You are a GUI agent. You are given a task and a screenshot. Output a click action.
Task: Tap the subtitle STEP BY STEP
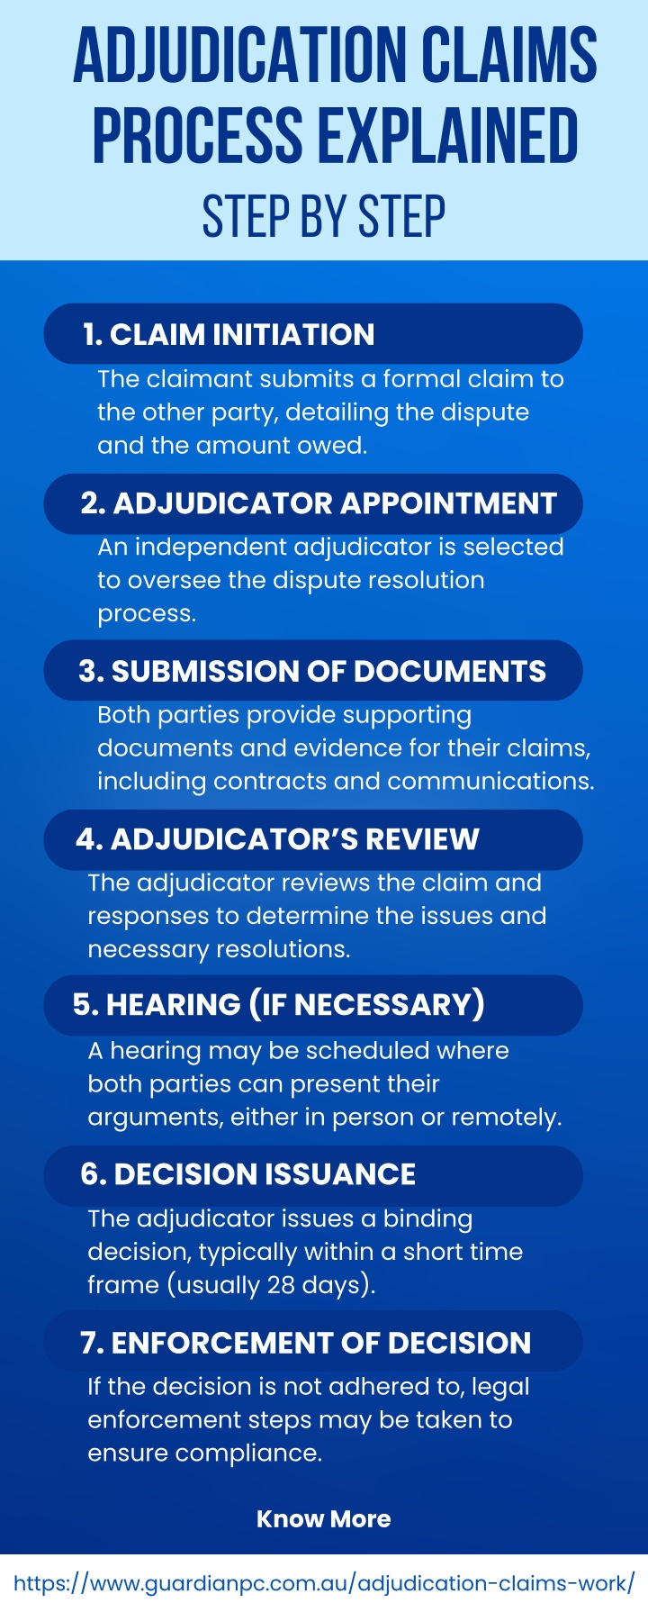324,217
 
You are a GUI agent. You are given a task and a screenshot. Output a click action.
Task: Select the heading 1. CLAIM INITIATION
229,334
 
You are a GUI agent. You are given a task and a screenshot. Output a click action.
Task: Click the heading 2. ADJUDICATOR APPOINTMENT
319,503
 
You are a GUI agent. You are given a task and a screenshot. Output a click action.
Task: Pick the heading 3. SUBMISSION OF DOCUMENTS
312,671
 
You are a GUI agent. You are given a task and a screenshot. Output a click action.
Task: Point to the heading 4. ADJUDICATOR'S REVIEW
277,839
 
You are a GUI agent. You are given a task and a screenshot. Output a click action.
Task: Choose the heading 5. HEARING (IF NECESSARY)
279,1005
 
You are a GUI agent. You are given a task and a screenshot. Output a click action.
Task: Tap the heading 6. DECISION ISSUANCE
247,1174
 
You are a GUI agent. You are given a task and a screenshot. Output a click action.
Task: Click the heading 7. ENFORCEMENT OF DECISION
305,1343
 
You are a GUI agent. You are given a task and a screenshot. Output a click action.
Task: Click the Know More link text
324,1519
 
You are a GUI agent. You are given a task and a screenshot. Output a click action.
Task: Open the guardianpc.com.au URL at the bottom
324,1583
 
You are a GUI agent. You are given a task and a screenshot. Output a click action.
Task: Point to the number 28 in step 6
281,1285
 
